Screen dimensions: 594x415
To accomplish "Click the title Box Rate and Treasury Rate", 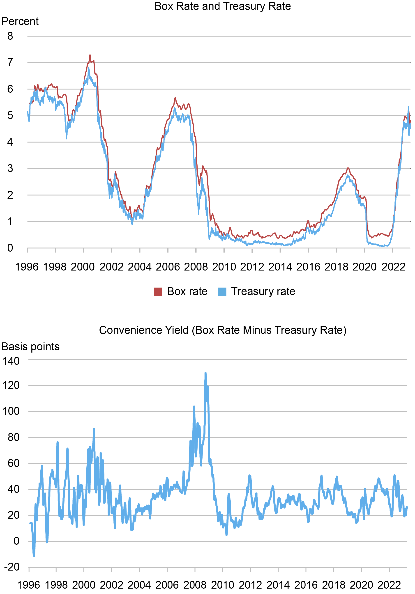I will pyautogui.click(x=222, y=6).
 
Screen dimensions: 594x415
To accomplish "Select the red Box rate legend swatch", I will pyautogui.click(x=158, y=291).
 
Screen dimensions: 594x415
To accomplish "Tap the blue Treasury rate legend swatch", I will pyautogui.click(x=222, y=291).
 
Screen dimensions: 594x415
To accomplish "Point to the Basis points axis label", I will pyautogui.click(x=30, y=347).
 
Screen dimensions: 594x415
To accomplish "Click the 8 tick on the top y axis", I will pyautogui.click(x=10, y=36).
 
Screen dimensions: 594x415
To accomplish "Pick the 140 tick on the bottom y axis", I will pyautogui.click(x=11, y=361).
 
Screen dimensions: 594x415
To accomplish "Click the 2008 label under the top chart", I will pyautogui.click(x=196, y=267).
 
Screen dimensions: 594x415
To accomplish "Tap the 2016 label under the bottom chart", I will pyautogui.click(x=306, y=585).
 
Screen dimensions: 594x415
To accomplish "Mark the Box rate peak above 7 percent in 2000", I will pyautogui.click(x=90, y=55).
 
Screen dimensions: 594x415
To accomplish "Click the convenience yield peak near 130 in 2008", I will pyautogui.click(x=205, y=373).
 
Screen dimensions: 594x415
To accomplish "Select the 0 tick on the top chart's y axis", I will pyautogui.click(x=10, y=248).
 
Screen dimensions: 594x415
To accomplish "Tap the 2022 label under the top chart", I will pyautogui.click(x=393, y=267).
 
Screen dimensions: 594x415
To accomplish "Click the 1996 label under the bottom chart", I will pyautogui.click(x=28, y=585).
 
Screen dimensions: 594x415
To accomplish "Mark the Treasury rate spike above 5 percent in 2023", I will pyautogui.click(x=408, y=107).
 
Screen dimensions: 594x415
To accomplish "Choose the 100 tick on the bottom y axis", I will pyautogui.click(x=11, y=411).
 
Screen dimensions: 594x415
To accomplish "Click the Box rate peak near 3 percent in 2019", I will pyautogui.click(x=348, y=168).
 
